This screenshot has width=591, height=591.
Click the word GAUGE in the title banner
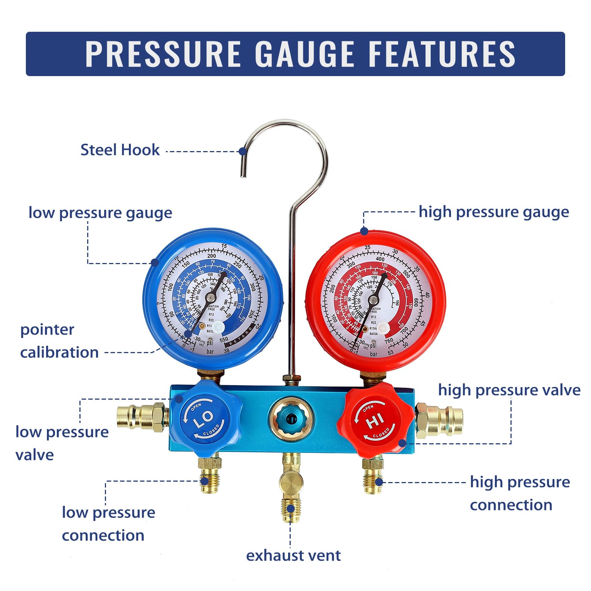click(x=305, y=54)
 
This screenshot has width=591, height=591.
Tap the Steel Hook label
click(x=120, y=150)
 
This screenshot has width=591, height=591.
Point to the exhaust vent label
click(x=293, y=556)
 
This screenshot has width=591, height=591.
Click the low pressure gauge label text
click(x=100, y=213)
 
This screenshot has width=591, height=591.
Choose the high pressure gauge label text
click(x=493, y=212)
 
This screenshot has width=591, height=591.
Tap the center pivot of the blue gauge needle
click(x=211, y=297)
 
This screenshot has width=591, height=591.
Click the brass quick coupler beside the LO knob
click(x=142, y=417)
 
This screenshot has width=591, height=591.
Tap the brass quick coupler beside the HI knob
click(x=440, y=420)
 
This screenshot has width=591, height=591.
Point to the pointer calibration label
click(x=59, y=341)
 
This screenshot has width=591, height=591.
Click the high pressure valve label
click(x=509, y=390)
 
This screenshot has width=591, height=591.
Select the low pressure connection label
click(x=108, y=524)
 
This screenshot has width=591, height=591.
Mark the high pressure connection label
click(x=520, y=493)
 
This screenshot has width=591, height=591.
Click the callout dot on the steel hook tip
click(x=242, y=151)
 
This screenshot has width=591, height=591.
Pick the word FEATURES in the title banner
click(x=442, y=54)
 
